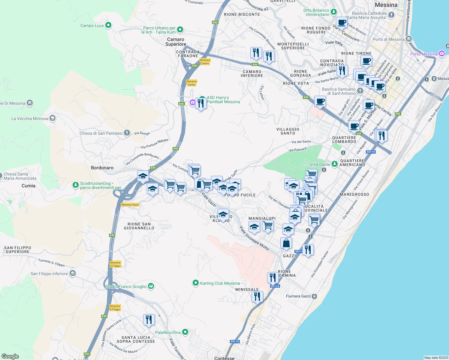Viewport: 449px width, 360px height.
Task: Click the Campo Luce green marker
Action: click(x=108, y=25)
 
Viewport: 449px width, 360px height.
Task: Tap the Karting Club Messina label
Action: click(x=220, y=283)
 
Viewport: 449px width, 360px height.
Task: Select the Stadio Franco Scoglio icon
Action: click(x=151, y=286)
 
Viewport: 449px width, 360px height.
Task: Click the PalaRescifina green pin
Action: click(x=185, y=332)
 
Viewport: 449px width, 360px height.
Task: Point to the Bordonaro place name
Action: click(x=102, y=168)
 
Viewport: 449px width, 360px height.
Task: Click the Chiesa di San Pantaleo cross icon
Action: click(x=127, y=133)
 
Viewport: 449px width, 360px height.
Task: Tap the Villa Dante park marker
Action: click(x=334, y=164)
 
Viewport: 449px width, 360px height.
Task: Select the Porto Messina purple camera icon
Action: click(x=441, y=54)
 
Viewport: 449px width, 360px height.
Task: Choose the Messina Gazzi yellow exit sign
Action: click(x=130, y=205)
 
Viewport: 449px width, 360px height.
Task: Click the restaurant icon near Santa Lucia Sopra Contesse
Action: click(x=149, y=320)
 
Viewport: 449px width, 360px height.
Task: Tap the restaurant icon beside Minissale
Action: click(x=257, y=296)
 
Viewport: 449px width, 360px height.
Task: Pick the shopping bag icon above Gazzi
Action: click(x=286, y=243)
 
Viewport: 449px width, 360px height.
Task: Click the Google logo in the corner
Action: click(x=10, y=356)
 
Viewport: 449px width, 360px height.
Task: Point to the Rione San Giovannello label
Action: click(x=139, y=226)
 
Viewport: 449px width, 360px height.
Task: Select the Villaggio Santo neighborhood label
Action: click(x=288, y=131)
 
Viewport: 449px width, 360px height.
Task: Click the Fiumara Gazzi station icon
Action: click(x=314, y=296)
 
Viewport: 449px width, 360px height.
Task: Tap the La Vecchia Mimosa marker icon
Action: click(x=53, y=118)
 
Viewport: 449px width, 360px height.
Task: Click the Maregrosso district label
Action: click(x=354, y=194)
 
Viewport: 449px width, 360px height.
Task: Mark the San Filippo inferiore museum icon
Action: click(x=72, y=273)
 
